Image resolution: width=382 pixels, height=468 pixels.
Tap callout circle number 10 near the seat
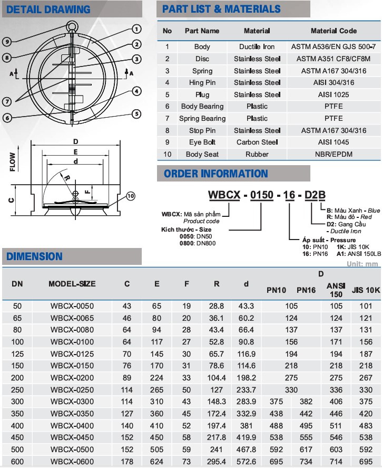(x=131, y=196)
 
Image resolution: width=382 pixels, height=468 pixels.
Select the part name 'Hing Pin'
(x=202, y=83)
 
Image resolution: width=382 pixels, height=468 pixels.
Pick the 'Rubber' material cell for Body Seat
(x=257, y=155)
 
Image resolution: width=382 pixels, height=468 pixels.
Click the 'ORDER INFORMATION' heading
(x=216, y=174)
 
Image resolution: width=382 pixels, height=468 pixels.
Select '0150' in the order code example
(x=261, y=195)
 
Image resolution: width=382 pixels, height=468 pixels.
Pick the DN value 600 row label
(x=17, y=461)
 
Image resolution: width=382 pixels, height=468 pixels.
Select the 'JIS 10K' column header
(x=365, y=290)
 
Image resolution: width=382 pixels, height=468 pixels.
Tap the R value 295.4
(x=216, y=461)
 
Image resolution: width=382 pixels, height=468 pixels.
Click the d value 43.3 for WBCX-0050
(x=246, y=306)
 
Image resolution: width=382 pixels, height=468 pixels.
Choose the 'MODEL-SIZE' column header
(x=72, y=284)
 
